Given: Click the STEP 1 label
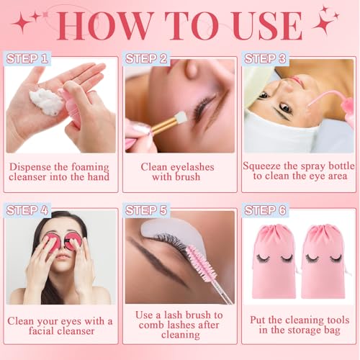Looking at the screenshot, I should [x=27, y=58].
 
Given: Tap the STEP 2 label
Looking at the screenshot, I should [x=147, y=58].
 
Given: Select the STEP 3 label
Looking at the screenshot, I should [x=266, y=58].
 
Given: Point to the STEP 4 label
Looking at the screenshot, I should [x=27, y=210].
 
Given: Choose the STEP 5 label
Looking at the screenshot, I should [x=147, y=210].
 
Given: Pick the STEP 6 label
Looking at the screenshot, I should [x=266, y=210].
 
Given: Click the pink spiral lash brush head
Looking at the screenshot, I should [x=197, y=266].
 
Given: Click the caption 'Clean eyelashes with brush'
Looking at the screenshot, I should [x=180, y=171].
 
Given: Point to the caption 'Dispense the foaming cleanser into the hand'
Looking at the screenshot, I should [x=60, y=171].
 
